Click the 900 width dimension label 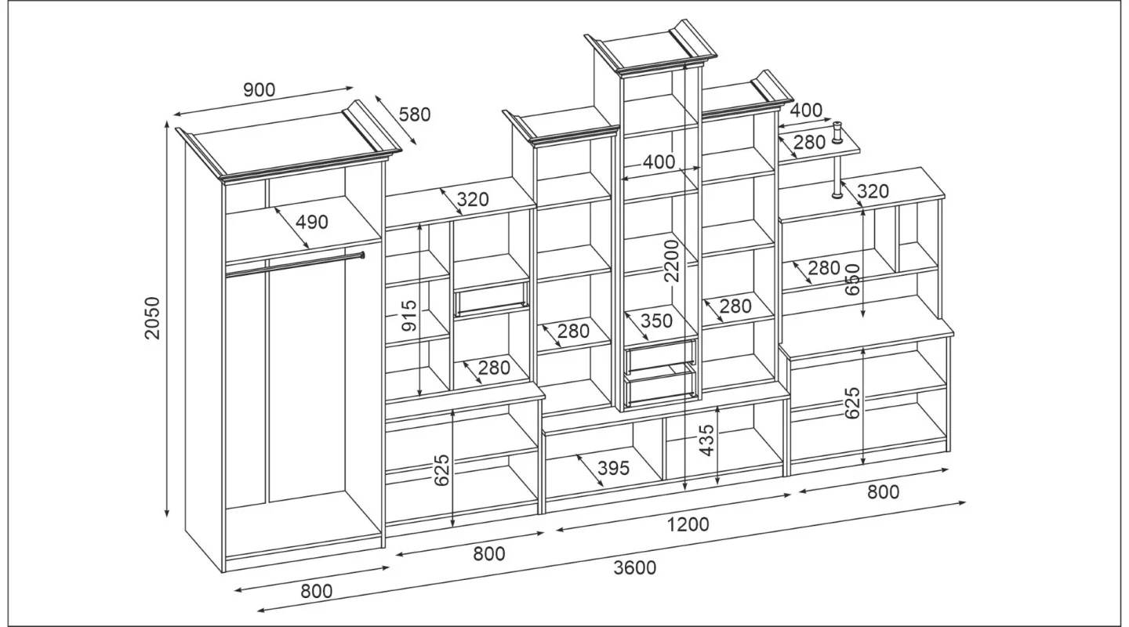click(x=259, y=89)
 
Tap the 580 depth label click(x=415, y=115)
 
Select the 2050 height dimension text click(x=152, y=318)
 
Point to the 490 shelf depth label click(x=311, y=222)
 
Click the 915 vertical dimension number click(x=410, y=316)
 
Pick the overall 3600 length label click(x=634, y=568)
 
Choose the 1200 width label click(x=688, y=524)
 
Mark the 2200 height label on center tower click(x=672, y=260)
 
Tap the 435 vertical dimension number click(x=707, y=440)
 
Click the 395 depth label click(x=613, y=469)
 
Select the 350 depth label click(x=656, y=321)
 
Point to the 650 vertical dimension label click(x=852, y=280)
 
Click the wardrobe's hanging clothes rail click(x=295, y=265)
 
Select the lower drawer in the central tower click(x=661, y=385)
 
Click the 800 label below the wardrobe click(x=317, y=591)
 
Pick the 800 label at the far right click(x=883, y=492)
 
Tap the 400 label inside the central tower click(x=659, y=162)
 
